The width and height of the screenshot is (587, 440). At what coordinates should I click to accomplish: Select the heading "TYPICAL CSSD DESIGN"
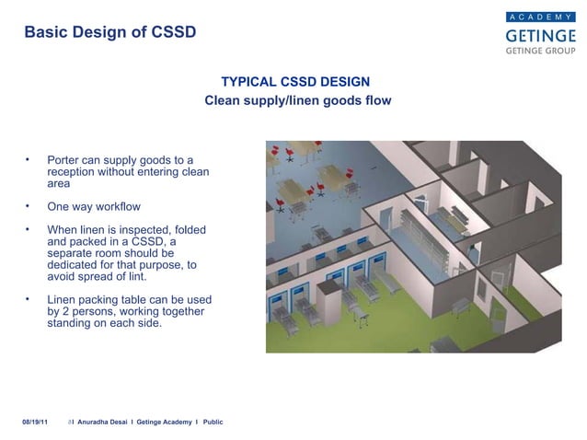coord(297,81)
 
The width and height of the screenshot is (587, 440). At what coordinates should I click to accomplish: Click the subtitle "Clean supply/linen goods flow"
coord(297,99)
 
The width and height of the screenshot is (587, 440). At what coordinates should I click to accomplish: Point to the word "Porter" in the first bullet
coord(65,159)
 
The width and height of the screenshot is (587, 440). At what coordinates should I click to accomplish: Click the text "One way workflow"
coord(94,206)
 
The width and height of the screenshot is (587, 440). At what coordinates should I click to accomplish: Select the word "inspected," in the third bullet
coord(151,229)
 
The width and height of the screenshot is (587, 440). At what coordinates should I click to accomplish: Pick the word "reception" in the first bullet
coord(75,171)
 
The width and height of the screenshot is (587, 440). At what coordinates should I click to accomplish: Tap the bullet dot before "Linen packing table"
coord(28,298)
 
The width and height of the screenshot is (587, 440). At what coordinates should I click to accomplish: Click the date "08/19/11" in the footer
coord(36,421)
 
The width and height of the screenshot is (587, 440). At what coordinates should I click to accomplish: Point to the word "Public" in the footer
coord(213,421)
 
